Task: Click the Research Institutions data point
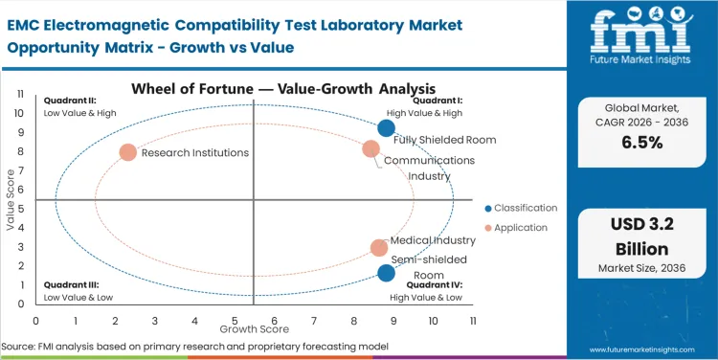click(128, 152)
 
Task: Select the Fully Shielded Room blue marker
click(386, 128)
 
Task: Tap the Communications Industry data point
click(371, 148)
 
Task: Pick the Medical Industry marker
click(379, 248)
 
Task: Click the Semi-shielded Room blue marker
click(386, 273)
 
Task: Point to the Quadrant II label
click(66, 101)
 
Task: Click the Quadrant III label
click(67, 284)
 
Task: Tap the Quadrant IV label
click(436, 284)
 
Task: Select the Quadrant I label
click(439, 101)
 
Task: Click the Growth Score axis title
click(254, 330)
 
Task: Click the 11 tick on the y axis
click(20, 94)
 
